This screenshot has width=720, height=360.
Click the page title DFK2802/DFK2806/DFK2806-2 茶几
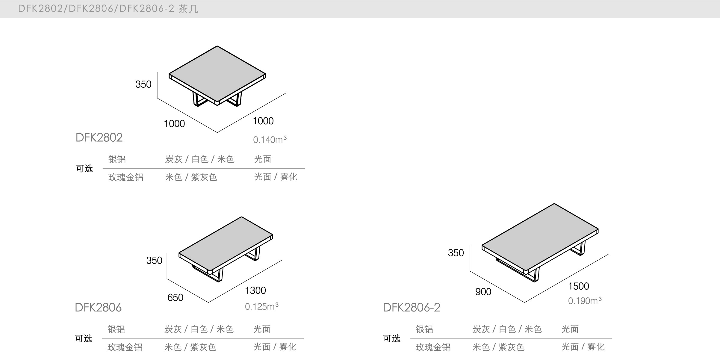pos(108,9)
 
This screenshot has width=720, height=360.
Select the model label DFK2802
pos(99,138)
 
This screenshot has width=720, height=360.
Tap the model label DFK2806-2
pos(412,308)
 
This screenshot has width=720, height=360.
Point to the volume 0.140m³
pos(270,140)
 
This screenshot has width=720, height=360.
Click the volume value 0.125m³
pos(261,306)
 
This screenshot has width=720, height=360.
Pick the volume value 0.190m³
pos(585,301)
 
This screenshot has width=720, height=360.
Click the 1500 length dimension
pos(578,286)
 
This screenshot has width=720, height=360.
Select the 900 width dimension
pos(483,292)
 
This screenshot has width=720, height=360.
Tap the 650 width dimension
pos(175,297)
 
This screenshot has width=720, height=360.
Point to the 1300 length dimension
pos(255,291)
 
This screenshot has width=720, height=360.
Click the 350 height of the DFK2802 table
pos(143,84)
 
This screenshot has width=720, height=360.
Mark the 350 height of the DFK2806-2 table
pos(456,253)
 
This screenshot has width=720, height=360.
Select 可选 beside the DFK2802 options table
pos(84,169)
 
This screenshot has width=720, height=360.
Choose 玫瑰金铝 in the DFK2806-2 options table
pos(433,347)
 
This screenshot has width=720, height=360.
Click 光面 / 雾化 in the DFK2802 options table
pos(276,177)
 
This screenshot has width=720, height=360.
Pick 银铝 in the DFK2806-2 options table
pos(424,329)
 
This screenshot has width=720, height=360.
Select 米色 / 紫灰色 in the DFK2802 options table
pos(191,177)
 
